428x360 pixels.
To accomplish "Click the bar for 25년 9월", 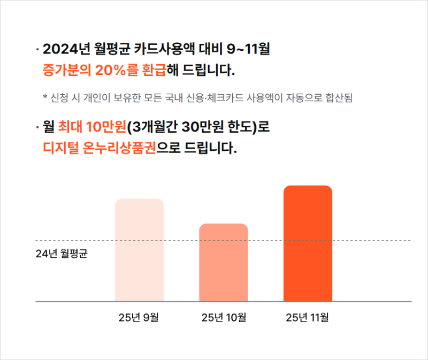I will [139, 250].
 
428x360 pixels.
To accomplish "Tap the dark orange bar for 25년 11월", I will [308, 243].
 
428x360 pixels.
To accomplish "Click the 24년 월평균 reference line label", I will [62, 253].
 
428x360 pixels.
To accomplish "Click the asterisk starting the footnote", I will [45, 98].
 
